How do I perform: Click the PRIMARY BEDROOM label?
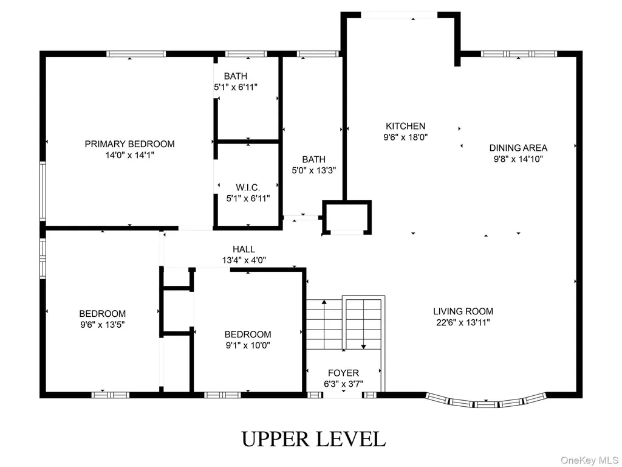click(130, 144)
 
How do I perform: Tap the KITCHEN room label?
click(405, 126)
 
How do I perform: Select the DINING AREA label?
click(518, 148)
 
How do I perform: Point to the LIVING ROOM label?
click(463, 311)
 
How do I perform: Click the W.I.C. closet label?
click(248, 187)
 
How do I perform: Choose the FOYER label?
click(344, 373)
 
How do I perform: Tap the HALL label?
click(244, 249)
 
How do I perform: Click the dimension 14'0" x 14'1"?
click(130, 155)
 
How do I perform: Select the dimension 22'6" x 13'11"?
click(463, 322)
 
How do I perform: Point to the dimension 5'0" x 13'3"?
click(314, 170)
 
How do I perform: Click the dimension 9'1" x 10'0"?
click(248, 345)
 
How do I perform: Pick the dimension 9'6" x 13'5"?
click(102, 325)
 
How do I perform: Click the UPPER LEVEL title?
click(313, 439)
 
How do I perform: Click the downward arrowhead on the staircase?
click(363, 347)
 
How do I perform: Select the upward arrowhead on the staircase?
click(324, 302)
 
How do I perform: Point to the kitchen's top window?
click(399, 15)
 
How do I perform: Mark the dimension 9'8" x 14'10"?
click(518, 159)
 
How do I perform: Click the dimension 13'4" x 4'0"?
click(244, 260)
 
